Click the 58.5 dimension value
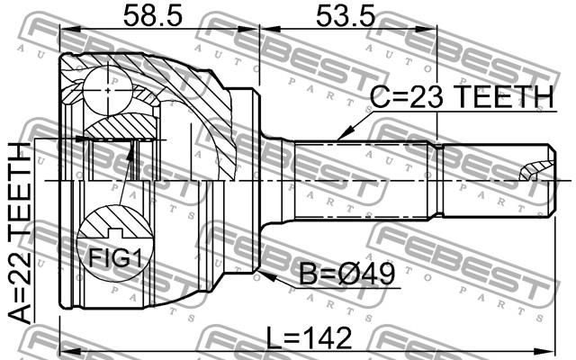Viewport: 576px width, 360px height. [152, 15]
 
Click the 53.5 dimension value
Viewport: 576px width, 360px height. [346, 15]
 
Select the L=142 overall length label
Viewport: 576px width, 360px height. [309, 338]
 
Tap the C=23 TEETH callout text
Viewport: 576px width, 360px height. [462, 96]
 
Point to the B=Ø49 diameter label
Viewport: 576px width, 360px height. [346, 274]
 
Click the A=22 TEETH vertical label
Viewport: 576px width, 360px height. [20, 232]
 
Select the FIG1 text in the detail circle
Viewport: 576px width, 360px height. [115, 258]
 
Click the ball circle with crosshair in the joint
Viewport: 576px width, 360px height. [107, 90]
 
